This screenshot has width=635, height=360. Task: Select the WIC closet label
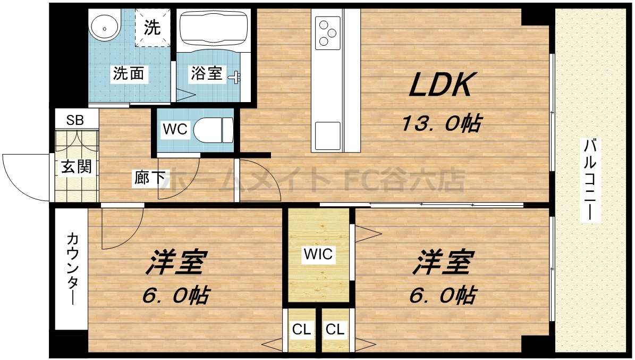coord(318,254)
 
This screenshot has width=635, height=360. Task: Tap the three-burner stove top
coord(328,32)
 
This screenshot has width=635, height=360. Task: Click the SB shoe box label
coord(75,119)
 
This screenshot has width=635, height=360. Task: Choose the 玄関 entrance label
coord(76,166)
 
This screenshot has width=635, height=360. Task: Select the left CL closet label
coord(302,330)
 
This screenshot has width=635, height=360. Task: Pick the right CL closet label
coord(335,330)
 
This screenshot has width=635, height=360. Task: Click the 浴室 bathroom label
coord(207,73)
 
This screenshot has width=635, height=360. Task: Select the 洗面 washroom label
coord(128,73)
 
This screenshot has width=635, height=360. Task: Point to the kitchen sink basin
coord(327,136)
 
